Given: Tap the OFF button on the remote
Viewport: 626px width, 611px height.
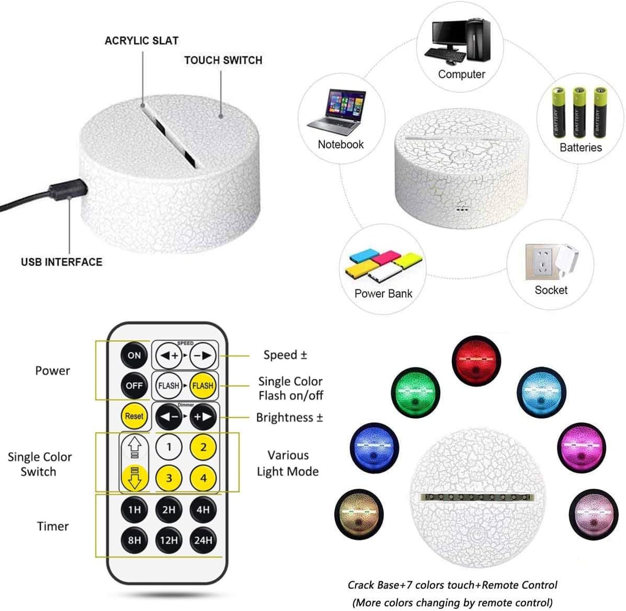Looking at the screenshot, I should [134, 385].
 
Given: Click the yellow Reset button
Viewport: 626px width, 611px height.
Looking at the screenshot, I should [134, 416].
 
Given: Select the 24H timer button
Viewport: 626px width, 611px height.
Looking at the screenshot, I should [203, 540].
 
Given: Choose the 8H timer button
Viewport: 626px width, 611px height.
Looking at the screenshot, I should [134, 540].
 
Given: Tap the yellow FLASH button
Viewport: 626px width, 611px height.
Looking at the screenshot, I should [202, 386].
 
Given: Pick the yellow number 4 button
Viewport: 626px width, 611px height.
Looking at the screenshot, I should [203, 478].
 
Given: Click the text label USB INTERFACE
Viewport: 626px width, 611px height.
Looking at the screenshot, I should [62, 262].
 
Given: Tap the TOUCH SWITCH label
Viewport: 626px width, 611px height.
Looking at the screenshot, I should [223, 60].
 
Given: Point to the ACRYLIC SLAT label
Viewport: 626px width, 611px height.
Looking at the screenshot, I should [141, 41].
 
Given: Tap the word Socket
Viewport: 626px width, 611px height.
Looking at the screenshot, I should [551, 290].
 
